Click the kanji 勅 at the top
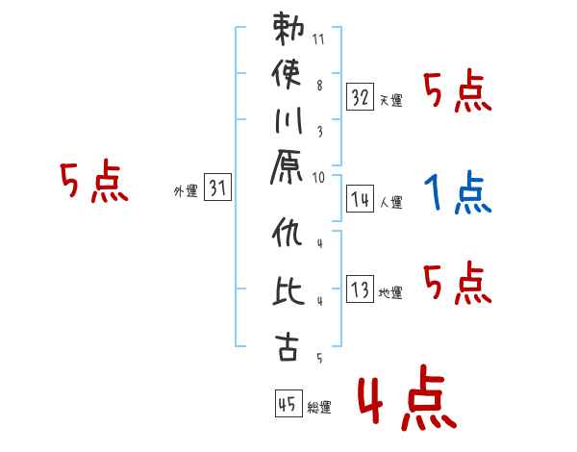[x=288, y=29]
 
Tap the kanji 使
[x=287, y=74]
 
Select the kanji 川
[x=288, y=121]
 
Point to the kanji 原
[x=287, y=167]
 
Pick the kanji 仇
[x=288, y=232]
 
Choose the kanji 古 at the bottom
[x=287, y=346]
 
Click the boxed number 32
[x=360, y=97]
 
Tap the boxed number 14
[x=360, y=199]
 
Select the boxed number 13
[x=360, y=289]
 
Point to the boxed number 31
[x=217, y=187]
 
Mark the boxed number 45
[x=288, y=403]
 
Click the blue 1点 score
[x=458, y=192]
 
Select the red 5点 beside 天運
[x=458, y=91]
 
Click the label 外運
[x=186, y=191]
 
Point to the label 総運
[x=319, y=408]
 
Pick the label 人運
[x=391, y=203]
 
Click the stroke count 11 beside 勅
[x=318, y=39]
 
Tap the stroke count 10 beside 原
[x=318, y=178]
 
